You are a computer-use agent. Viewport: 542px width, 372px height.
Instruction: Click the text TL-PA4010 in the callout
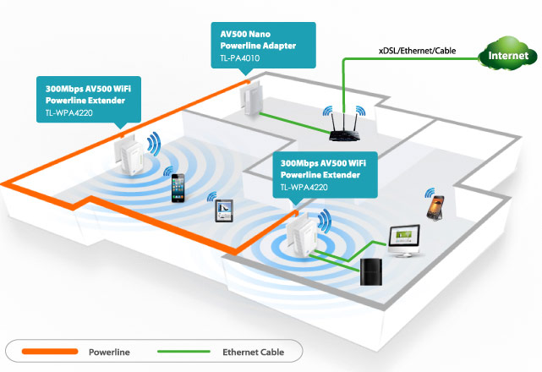[x=239, y=57]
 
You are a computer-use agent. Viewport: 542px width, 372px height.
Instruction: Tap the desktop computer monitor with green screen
[x=404, y=240]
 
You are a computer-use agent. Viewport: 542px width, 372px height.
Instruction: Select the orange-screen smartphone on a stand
[x=435, y=206]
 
